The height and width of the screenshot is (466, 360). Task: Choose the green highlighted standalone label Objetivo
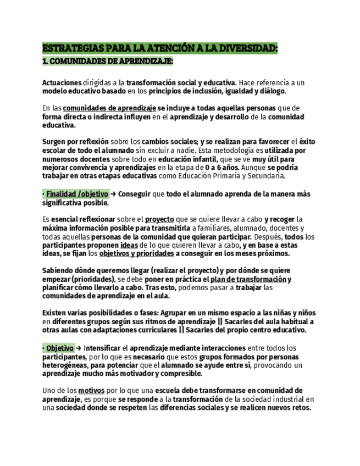click(x=59, y=348)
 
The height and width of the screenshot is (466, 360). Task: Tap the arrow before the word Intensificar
click(x=79, y=348)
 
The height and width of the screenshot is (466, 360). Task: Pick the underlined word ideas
click(x=129, y=245)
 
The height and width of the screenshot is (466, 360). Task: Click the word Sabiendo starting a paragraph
click(x=59, y=271)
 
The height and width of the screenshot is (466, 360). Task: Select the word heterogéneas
click(x=67, y=365)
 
